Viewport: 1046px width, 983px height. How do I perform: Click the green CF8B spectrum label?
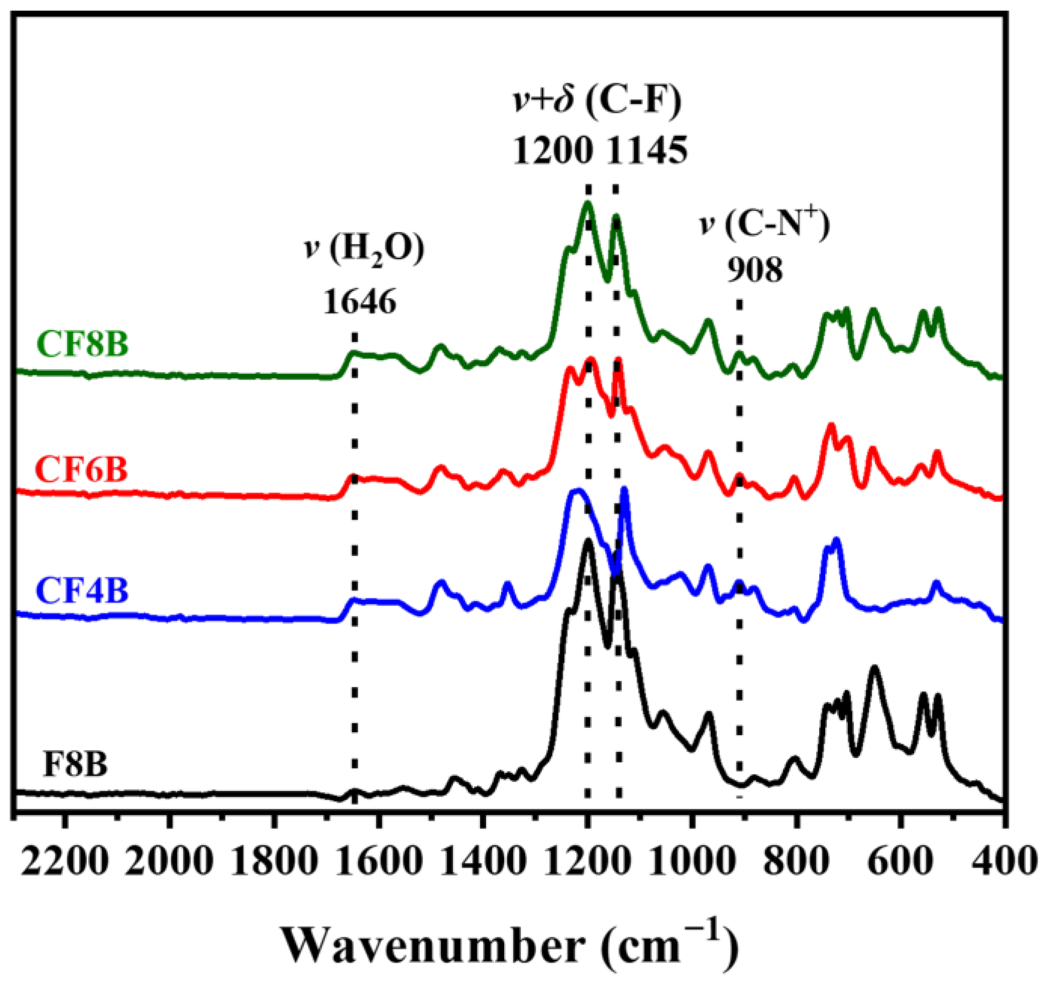[83, 345]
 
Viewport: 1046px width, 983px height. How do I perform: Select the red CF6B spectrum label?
[81, 469]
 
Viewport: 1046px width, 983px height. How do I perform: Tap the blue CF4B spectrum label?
[83, 591]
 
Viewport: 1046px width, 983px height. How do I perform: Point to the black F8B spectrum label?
[75, 764]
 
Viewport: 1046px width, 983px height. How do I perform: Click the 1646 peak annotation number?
[359, 303]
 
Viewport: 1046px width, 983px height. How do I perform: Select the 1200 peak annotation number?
[552, 151]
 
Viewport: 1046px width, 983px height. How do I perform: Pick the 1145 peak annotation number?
[647, 151]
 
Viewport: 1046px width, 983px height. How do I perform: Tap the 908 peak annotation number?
[755, 270]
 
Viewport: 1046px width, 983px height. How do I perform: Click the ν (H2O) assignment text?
[364, 250]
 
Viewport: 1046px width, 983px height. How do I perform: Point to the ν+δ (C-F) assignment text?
[597, 101]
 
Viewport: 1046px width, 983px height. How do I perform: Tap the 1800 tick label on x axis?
[273, 863]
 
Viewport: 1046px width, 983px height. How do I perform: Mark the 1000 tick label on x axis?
[692, 863]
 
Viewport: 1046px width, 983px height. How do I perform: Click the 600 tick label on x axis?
[901, 863]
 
